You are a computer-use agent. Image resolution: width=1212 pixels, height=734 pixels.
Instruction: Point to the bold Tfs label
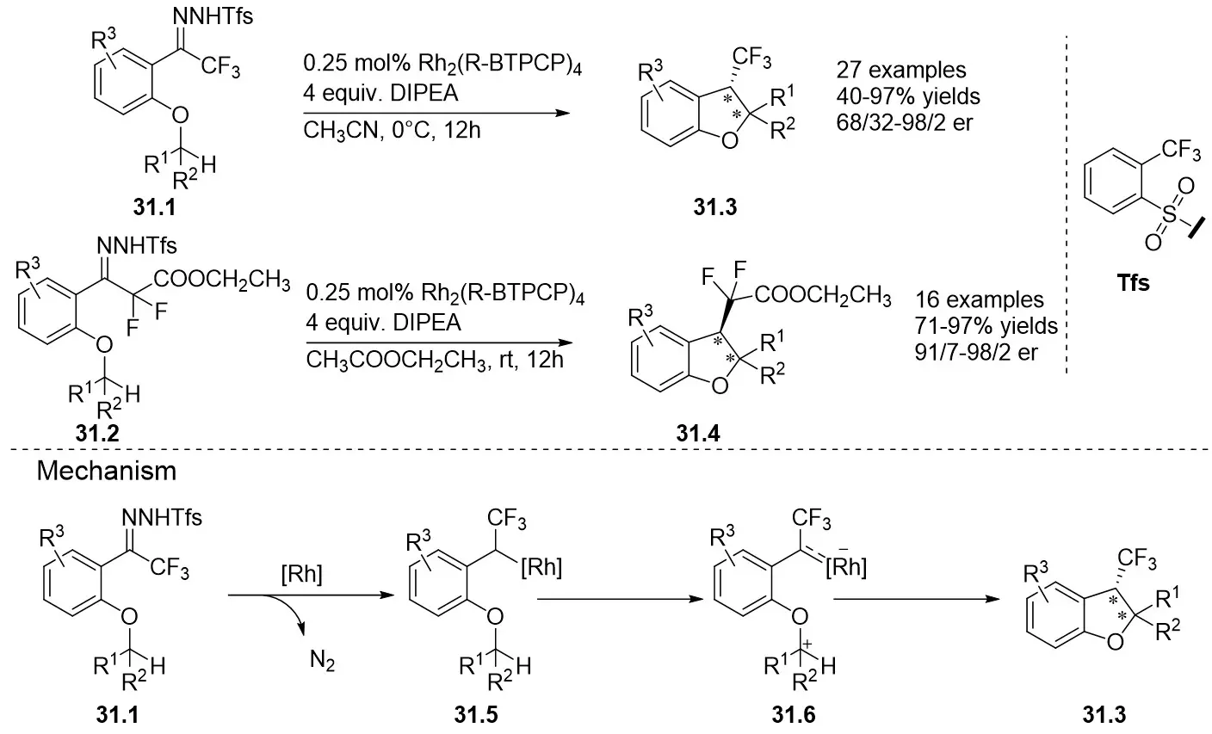coord(1133,283)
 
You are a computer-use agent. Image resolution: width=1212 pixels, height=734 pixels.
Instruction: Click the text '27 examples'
coord(900,71)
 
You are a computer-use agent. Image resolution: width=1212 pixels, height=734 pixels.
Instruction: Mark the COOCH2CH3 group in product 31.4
coord(825,298)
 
